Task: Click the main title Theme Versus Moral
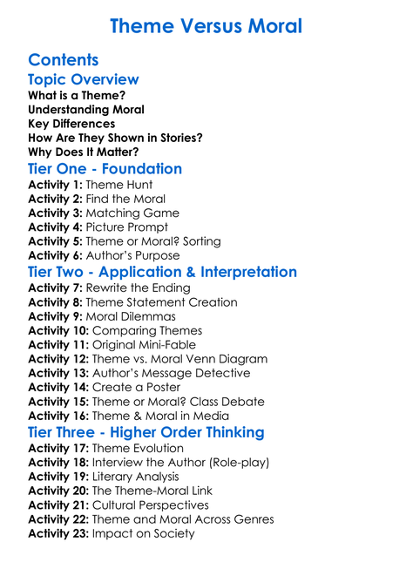[x=206, y=25]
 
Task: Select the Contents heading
[x=64, y=60]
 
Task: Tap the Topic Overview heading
[x=84, y=79]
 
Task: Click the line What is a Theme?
[x=77, y=95]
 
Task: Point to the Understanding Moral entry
[x=86, y=109]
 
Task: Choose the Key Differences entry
[x=71, y=123]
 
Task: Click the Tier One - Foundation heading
[x=105, y=168]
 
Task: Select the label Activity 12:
[x=61, y=359]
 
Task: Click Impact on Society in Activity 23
[x=144, y=533]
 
